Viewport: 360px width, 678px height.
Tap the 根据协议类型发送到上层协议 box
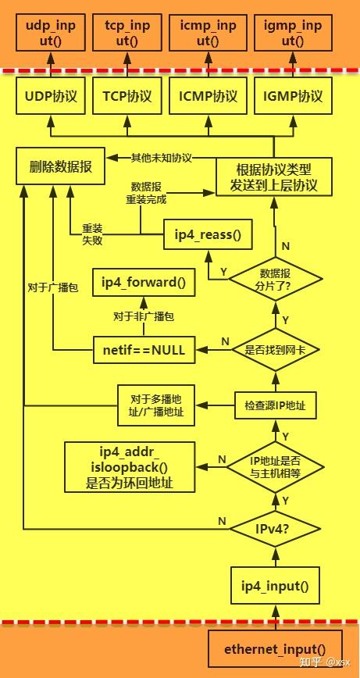(x=273, y=178)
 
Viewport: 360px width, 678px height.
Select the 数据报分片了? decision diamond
(x=274, y=279)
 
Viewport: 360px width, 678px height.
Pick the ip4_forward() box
(x=144, y=283)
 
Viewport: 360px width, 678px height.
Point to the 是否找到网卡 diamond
(x=274, y=350)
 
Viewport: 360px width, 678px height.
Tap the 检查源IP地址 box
(x=274, y=405)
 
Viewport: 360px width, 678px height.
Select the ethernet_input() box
(x=274, y=648)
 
